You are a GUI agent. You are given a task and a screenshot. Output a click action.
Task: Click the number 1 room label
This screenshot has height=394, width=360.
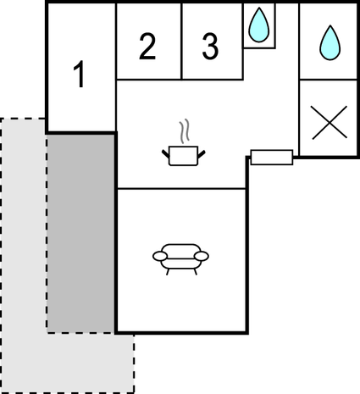point(79,74)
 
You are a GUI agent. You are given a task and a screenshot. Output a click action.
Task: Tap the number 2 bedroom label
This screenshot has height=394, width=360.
point(147,47)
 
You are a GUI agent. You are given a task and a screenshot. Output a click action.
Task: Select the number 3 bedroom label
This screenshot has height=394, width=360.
point(210,47)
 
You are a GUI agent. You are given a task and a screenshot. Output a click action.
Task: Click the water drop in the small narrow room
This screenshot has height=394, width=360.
point(259,25)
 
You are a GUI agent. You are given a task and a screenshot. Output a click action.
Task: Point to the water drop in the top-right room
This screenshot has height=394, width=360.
point(330,43)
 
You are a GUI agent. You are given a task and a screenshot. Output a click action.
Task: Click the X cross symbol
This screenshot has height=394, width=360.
point(330,123)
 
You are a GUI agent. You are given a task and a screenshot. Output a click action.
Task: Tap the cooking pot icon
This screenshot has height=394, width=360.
point(183,156)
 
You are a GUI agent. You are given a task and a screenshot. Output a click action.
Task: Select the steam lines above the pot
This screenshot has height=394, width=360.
point(184,131)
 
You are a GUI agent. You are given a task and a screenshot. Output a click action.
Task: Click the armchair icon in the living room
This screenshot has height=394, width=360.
point(180,259)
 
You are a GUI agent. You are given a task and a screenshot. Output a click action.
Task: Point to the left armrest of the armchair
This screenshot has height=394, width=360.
point(160,256)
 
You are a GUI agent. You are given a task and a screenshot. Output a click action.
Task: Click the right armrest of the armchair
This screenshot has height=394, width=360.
point(202,256)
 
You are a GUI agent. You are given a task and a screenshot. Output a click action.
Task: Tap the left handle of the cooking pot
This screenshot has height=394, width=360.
point(165,154)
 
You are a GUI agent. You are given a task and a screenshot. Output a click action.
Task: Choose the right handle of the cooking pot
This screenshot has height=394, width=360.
point(202,154)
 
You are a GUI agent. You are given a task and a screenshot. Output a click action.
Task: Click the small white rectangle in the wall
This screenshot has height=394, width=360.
point(272,158)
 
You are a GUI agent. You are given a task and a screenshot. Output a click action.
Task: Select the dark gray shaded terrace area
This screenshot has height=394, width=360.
point(80,233)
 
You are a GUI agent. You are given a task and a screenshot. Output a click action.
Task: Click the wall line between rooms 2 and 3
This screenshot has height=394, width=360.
point(181,42)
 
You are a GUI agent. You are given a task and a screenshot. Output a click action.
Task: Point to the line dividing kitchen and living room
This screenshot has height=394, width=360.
point(181,188)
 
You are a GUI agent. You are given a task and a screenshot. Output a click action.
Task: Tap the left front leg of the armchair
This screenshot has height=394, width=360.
point(168,272)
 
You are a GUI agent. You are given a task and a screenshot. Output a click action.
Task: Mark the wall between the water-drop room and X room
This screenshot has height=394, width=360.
point(328,80)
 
